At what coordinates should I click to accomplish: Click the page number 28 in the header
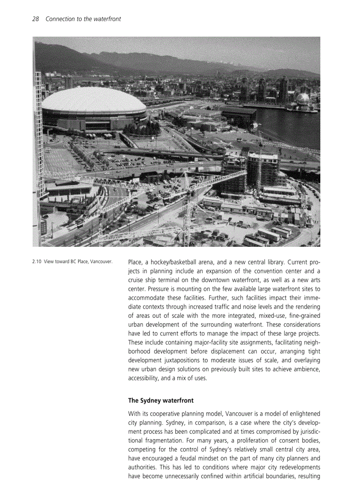(x=36, y=19)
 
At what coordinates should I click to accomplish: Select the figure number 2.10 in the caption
(x=37, y=262)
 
